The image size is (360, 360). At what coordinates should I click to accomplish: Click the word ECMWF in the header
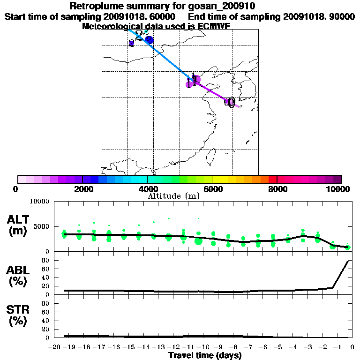[x=214, y=26]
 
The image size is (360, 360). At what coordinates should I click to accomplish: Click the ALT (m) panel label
[x=19, y=225]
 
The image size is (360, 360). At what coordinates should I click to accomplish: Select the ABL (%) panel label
[x=19, y=277]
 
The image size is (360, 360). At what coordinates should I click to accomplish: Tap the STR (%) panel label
[x=19, y=315]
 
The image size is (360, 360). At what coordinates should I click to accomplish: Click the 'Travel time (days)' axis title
[x=205, y=356]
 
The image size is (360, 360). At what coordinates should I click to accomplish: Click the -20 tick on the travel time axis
[x=55, y=347]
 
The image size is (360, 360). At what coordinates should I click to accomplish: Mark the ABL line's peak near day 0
[x=348, y=262]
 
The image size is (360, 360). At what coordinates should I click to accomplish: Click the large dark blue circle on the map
[x=150, y=40]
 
